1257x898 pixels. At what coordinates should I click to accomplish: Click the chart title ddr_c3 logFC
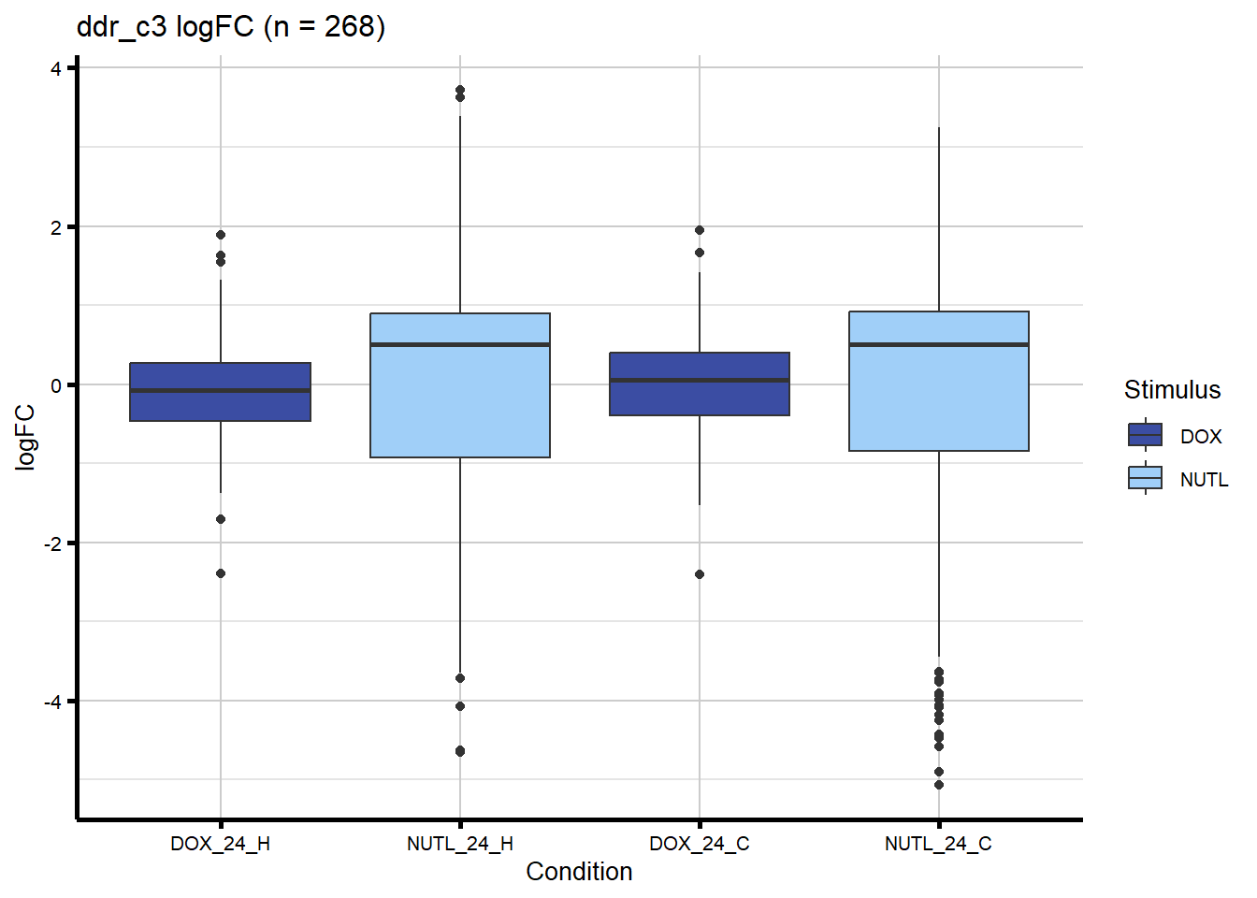[x=230, y=27]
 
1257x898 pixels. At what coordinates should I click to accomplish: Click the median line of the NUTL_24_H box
[x=460, y=345]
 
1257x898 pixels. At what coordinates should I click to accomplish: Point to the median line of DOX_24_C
[x=700, y=380]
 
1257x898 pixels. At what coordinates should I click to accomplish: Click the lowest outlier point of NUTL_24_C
[x=939, y=785]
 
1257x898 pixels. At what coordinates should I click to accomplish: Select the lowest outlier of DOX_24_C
[x=700, y=574]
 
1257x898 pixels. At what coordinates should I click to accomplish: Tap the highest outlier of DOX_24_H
[x=221, y=235]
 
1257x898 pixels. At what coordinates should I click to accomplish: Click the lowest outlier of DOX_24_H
[x=221, y=573]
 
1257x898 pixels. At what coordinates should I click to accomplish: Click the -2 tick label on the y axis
[x=52, y=543]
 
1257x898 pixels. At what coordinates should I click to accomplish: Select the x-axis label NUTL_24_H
[x=460, y=844]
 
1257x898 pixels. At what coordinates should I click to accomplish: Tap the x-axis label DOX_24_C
[x=700, y=844]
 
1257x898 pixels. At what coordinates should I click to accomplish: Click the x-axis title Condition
[x=579, y=872]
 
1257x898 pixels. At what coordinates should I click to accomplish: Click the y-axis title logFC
[x=25, y=437]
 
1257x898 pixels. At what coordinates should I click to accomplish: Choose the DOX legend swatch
[x=1146, y=435]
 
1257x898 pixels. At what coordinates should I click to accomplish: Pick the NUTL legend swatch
[x=1146, y=478]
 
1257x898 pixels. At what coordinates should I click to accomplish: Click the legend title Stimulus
[x=1172, y=390]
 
